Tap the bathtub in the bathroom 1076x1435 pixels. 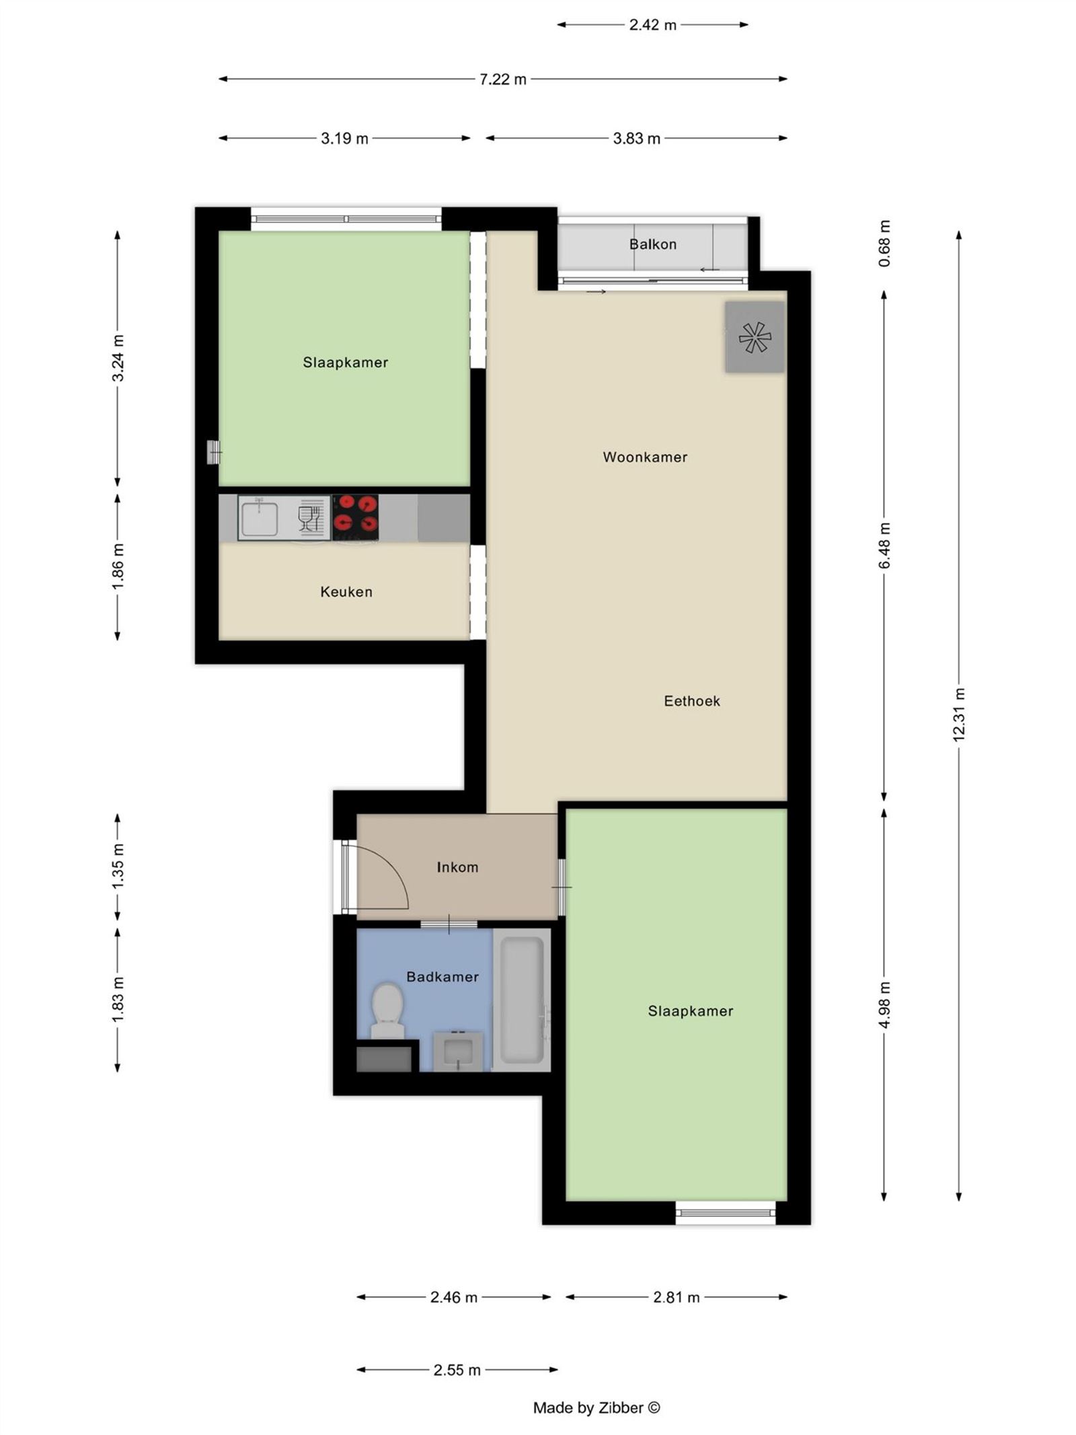pyautogui.click(x=521, y=999)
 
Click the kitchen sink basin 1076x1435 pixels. pyautogui.click(x=259, y=517)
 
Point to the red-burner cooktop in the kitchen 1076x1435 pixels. pyautogui.click(x=356, y=517)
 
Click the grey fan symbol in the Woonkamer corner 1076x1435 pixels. pyautogui.click(x=754, y=336)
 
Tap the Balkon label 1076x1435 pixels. pyautogui.click(x=652, y=244)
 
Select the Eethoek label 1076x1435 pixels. pyautogui.click(x=691, y=701)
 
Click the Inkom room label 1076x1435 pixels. pyautogui.click(x=457, y=867)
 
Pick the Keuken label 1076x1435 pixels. pyautogui.click(x=346, y=592)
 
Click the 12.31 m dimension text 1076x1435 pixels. pyautogui.click(x=958, y=714)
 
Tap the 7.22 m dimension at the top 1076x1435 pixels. pyautogui.click(x=502, y=79)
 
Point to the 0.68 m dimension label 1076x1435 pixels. pyautogui.click(x=884, y=244)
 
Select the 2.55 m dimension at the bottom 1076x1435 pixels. pyautogui.click(x=457, y=1370)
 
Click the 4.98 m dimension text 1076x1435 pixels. pyautogui.click(x=884, y=1004)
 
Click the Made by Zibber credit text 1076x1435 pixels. pyautogui.click(x=596, y=1407)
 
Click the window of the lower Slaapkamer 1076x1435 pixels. pyautogui.click(x=725, y=1212)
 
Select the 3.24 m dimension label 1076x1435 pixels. pyautogui.click(x=118, y=358)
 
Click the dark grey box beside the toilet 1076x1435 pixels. pyautogui.click(x=383, y=1059)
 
